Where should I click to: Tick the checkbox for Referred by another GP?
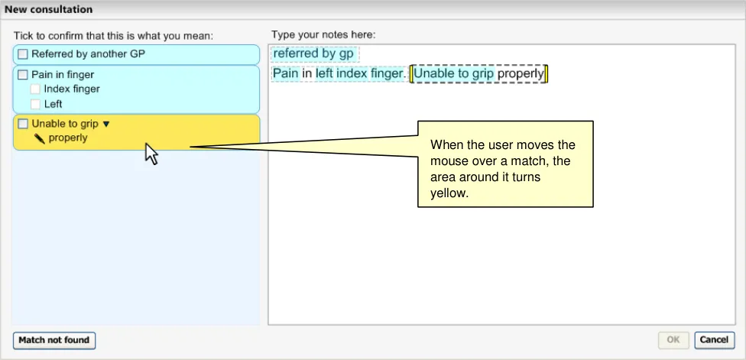tap(23, 54)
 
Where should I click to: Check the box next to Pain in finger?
tap(23, 75)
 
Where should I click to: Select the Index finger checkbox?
tap(35, 89)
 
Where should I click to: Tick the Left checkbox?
tap(35, 104)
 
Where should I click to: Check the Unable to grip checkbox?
tap(23, 124)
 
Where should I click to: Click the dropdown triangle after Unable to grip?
tap(106, 124)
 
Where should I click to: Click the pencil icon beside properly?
tap(40, 138)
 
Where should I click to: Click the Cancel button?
tap(714, 340)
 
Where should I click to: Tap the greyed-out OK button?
tap(673, 340)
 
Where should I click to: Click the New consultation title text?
tap(48, 9)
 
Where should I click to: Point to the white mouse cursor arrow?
tap(151, 153)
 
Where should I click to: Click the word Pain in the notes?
tap(285, 73)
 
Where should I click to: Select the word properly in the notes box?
tap(521, 74)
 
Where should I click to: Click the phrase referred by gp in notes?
tap(313, 54)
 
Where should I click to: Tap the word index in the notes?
tap(352, 73)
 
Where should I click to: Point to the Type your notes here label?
tap(323, 34)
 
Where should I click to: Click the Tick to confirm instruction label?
tap(113, 36)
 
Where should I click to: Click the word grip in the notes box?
tap(483, 74)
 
